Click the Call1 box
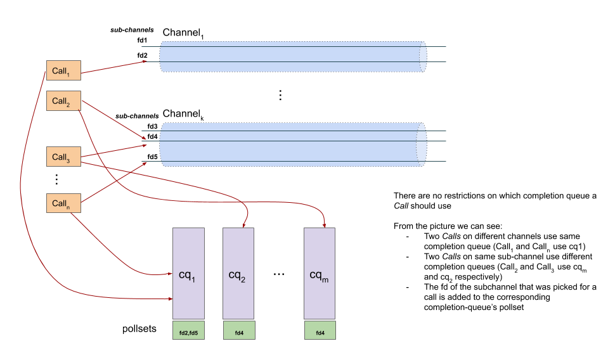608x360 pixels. tap(63, 70)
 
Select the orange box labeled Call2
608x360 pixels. tap(63, 101)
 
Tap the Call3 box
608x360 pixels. tap(63, 157)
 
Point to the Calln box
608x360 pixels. tap(63, 203)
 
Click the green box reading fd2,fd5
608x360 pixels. tap(188, 330)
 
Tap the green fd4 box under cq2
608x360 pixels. tap(239, 330)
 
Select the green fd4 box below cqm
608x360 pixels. tap(320, 330)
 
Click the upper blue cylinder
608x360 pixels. tap(292, 56)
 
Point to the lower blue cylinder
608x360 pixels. tap(292, 145)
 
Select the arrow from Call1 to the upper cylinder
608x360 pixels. tap(114, 67)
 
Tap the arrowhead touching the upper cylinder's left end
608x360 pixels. tap(145, 61)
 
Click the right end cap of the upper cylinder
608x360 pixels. tap(423, 56)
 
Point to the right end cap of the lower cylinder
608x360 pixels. tap(422, 145)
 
